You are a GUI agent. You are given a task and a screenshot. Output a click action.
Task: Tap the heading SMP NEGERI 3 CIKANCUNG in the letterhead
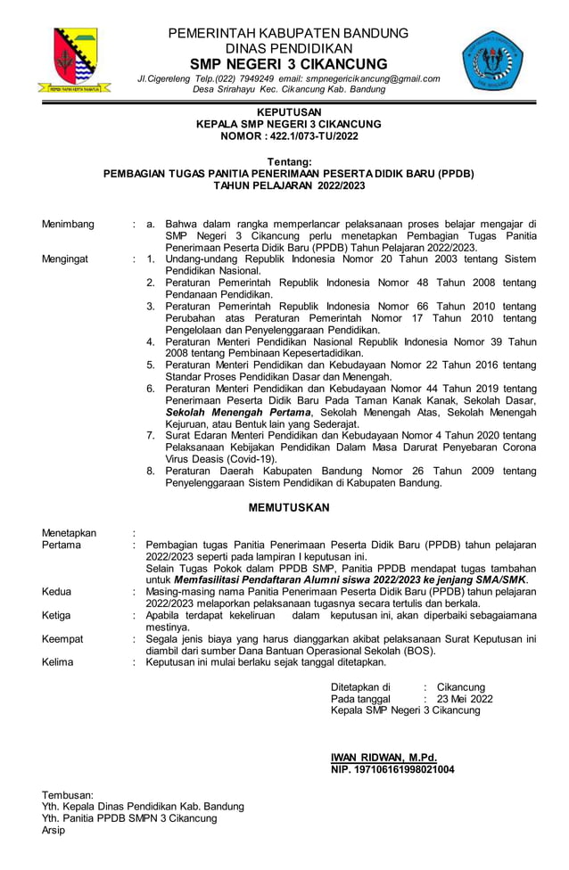289,64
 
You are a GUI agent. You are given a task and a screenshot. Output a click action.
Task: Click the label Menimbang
68,224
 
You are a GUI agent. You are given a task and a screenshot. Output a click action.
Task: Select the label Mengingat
67,259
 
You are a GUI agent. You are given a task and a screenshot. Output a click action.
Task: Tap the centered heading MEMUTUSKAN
288,507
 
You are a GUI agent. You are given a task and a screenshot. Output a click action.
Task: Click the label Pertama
62,545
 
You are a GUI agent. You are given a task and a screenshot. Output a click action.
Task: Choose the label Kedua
58,591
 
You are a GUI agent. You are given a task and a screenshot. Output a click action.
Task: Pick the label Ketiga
59,614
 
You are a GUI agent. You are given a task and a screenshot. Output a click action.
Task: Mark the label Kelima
58,662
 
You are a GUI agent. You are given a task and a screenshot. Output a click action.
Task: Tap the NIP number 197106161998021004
406,768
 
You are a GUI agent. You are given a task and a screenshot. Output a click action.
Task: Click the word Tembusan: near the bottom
68,794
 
